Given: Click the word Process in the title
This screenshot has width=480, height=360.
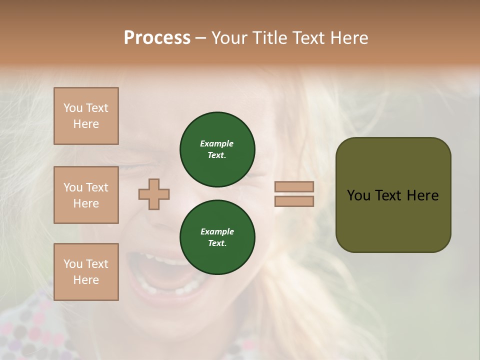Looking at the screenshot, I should coord(157,37).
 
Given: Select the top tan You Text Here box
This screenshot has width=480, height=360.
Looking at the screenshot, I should coord(86,116).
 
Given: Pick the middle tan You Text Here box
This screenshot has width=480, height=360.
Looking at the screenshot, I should coord(86,195).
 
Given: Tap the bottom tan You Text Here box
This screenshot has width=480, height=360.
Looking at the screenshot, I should coord(86,272).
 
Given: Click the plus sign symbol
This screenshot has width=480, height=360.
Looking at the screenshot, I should coord(154,194).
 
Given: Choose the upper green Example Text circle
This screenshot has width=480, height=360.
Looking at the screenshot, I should coord(217,149).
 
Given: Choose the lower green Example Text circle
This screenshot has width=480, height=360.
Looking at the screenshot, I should coord(217,237).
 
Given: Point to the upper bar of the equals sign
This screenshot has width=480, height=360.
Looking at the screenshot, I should coord(294,187).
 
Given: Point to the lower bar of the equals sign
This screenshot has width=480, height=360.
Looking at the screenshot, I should coord(294,201).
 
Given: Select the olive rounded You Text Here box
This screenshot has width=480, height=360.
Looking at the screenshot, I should coord(393,195).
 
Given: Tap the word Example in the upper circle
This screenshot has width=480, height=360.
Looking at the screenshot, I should coord(217,143).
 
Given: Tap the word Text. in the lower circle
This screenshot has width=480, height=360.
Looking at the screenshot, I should coord(217,243).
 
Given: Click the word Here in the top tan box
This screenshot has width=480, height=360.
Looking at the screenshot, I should coord(86,124).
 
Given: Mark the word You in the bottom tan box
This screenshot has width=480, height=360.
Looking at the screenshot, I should coord(73,264).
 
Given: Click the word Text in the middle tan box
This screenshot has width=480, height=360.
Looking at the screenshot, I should coord(97,187).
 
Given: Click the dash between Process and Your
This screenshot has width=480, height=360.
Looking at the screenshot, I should coord(200,38).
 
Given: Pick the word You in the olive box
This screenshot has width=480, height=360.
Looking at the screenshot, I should coord(358,195).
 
